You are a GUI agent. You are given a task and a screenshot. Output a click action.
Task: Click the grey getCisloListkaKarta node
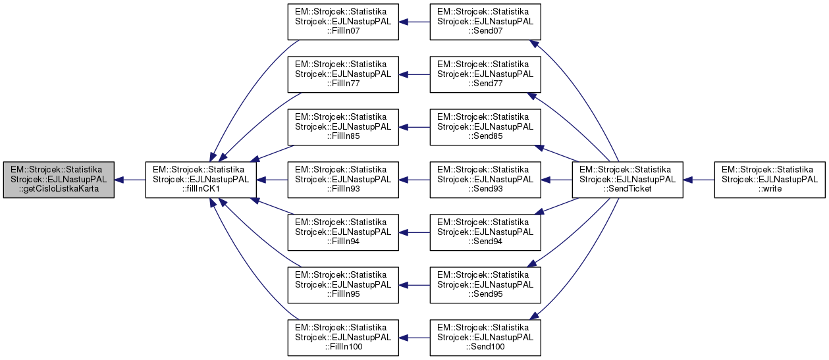(58, 180)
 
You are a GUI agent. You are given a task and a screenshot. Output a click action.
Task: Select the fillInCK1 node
(200, 180)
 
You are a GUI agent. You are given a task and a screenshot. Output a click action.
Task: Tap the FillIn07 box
(342, 22)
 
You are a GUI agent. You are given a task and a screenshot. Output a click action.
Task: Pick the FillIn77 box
(342, 74)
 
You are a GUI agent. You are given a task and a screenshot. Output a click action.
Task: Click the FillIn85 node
(342, 127)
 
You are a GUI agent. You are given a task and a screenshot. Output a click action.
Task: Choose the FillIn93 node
(342, 180)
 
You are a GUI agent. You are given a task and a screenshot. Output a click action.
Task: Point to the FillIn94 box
(342, 232)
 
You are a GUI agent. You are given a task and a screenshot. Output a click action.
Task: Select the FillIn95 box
(342, 285)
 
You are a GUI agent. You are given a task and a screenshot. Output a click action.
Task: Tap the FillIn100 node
(342, 338)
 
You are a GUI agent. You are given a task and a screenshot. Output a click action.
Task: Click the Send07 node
(485, 22)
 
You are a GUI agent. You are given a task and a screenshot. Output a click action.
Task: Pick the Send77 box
(485, 74)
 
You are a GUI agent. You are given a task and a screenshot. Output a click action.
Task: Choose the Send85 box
(485, 127)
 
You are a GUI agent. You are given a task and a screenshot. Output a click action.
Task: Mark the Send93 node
(485, 180)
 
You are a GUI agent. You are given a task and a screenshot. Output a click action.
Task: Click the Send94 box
(485, 232)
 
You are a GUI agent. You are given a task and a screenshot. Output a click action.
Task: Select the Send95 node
(485, 285)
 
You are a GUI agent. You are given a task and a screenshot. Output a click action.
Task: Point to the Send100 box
(485, 338)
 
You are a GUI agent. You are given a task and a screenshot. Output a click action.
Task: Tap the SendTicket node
(627, 180)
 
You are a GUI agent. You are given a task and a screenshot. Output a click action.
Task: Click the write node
(769, 180)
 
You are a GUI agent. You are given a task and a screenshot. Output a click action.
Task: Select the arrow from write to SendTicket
(699, 180)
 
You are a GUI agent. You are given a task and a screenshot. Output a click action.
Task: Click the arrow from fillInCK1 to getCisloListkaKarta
(130, 180)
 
